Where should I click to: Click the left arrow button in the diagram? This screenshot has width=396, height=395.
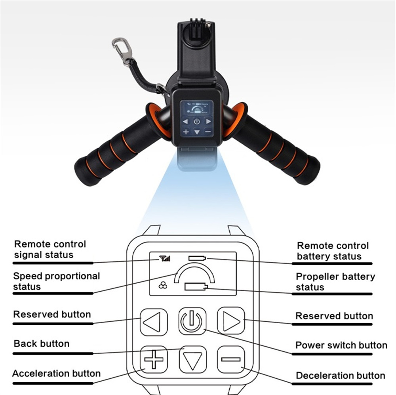(x=154, y=321)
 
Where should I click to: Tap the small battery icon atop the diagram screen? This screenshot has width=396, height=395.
(x=197, y=258)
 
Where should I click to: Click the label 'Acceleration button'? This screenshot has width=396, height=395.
(x=56, y=373)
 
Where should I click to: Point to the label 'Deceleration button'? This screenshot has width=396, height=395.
(x=340, y=375)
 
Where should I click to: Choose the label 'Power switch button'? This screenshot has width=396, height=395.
(x=341, y=345)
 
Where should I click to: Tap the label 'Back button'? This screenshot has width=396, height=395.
(x=42, y=343)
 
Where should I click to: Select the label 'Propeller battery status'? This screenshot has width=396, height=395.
(x=335, y=282)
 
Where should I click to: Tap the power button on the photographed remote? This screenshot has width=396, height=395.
(x=197, y=122)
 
